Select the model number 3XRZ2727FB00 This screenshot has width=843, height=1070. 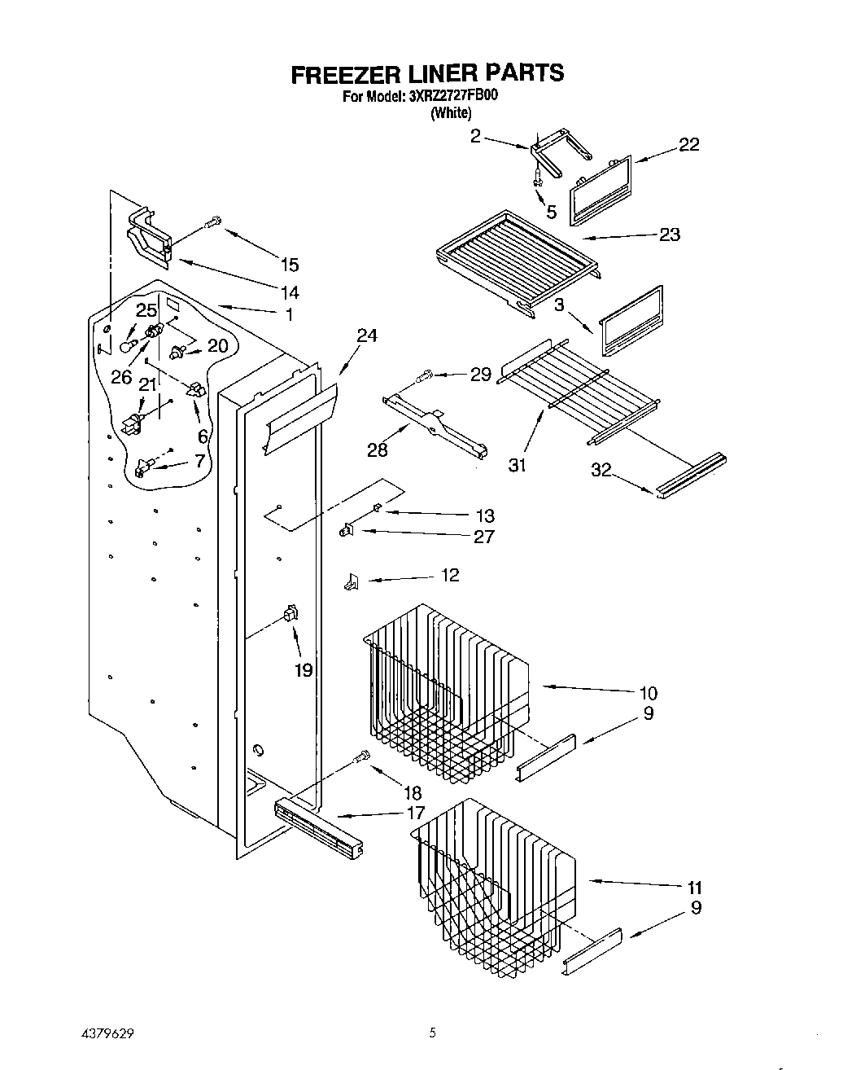[452, 96]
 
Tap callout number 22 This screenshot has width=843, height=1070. [688, 145]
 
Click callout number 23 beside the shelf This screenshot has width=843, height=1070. [670, 235]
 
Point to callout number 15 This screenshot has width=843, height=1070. [289, 265]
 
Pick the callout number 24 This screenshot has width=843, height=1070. [367, 335]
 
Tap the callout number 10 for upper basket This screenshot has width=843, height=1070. [649, 694]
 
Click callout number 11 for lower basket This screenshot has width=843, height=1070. [694, 888]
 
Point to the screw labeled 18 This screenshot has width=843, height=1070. [362, 758]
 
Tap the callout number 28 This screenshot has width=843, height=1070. [378, 449]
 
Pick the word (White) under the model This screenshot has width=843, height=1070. [451, 113]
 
